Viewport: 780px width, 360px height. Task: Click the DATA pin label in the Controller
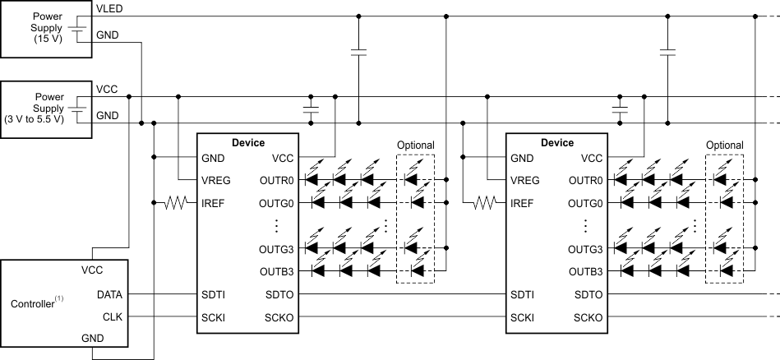tap(110, 293)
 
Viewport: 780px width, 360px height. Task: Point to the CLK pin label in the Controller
tap(112, 316)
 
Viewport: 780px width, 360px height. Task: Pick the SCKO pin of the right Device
tap(587, 317)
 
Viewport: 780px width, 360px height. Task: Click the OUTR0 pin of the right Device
tap(585, 180)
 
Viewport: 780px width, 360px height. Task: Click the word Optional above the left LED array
tap(415, 145)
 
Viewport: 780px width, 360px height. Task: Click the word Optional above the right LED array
tap(724, 145)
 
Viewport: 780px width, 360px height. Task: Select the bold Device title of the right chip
tap(556, 142)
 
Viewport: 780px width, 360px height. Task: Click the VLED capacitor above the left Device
tap(358, 53)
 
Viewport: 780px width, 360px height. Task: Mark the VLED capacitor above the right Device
tap(667, 53)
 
